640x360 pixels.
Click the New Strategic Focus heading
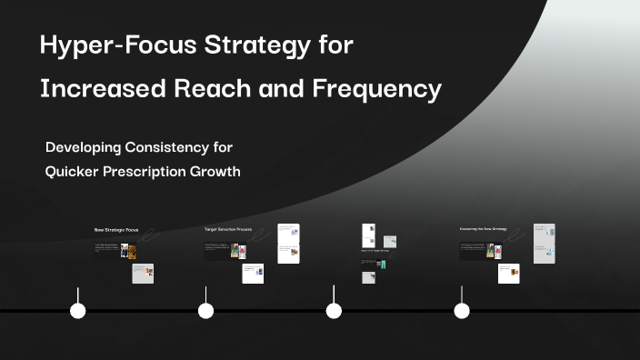tap(116, 230)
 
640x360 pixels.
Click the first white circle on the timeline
tap(78, 311)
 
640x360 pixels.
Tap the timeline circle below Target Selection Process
tap(206, 311)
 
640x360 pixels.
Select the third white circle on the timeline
tap(334, 311)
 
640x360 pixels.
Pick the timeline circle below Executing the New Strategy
tap(462, 311)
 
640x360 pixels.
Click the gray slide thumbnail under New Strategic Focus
tap(143, 274)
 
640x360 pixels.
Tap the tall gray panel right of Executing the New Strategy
tap(544, 244)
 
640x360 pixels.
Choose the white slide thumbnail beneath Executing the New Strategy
tap(509, 274)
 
